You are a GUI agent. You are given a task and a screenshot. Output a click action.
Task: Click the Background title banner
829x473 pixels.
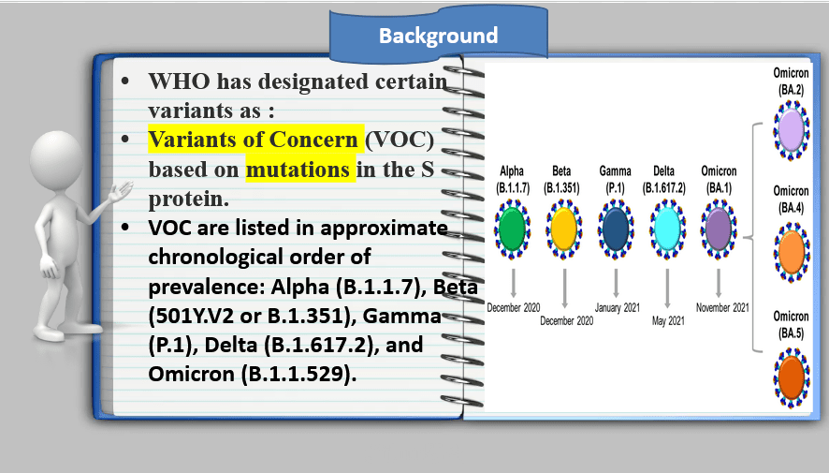coord(438,34)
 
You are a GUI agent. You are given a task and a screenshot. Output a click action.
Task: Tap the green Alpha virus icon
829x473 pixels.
coord(512,229)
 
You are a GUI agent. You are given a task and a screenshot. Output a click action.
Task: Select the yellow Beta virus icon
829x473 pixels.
coord(563,229)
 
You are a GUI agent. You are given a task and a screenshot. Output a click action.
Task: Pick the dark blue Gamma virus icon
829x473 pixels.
coord(616,229)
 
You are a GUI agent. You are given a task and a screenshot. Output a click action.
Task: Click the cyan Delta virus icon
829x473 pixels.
coord(667,229)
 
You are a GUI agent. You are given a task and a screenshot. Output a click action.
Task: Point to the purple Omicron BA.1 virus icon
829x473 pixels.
coord(719,229)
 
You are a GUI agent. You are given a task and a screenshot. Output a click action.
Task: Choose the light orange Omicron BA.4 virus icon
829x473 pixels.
coord(792,252)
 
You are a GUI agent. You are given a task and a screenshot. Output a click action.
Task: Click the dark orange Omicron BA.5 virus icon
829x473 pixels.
coord(792,377)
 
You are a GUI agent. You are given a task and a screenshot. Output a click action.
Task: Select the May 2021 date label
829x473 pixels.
coord(668,320)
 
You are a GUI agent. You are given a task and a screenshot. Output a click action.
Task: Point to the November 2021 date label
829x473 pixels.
coord(722,307)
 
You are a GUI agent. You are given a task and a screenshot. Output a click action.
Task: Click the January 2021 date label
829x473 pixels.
coord(617,307)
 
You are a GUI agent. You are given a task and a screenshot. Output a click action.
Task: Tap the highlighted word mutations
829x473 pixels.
coord(298,170)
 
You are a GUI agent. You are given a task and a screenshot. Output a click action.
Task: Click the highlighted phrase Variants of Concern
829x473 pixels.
coord(254,140)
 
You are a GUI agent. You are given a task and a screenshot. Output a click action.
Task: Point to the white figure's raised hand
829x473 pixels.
coord(121,191)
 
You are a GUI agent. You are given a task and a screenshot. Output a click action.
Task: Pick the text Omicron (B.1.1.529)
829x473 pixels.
coord(253,374)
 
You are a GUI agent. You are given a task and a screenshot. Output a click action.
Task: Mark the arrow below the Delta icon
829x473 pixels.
coord(667,288)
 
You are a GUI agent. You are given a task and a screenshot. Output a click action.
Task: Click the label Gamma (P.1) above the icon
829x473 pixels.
coord(616,179)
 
